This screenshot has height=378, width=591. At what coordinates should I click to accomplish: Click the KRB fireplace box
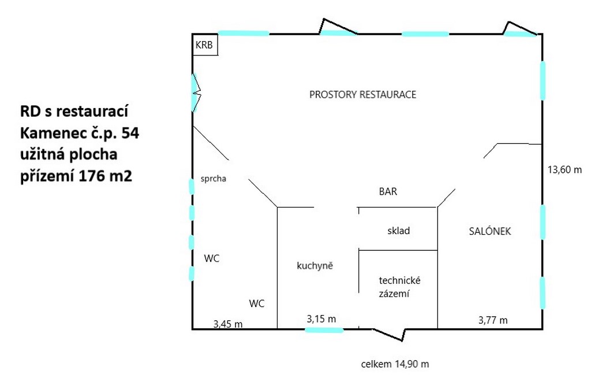(205, 45)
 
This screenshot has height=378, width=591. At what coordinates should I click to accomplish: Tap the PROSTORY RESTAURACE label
(362, 94)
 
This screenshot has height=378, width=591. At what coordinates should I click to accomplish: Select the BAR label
(388, 191)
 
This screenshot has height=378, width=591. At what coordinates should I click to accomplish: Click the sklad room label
(398, 231)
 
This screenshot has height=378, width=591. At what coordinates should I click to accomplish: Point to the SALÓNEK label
(490, 231)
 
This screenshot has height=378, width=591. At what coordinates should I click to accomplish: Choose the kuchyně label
(315, 266)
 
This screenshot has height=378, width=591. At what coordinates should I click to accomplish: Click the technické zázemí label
(399, 287)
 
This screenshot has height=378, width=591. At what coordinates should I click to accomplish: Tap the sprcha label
(214, 179)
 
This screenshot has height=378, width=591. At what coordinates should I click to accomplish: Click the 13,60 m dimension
(564, 169)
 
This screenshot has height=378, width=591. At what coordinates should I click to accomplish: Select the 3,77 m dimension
(493, 320)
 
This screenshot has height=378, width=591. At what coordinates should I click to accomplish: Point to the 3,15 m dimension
(321, 319)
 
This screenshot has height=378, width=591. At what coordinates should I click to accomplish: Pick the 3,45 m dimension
(228, 324)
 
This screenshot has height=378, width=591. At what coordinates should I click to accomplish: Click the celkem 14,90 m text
(395, 364)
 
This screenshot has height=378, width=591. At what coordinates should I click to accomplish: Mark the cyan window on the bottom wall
(324, 331)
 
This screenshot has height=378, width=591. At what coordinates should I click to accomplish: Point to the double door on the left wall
(196, 92)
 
